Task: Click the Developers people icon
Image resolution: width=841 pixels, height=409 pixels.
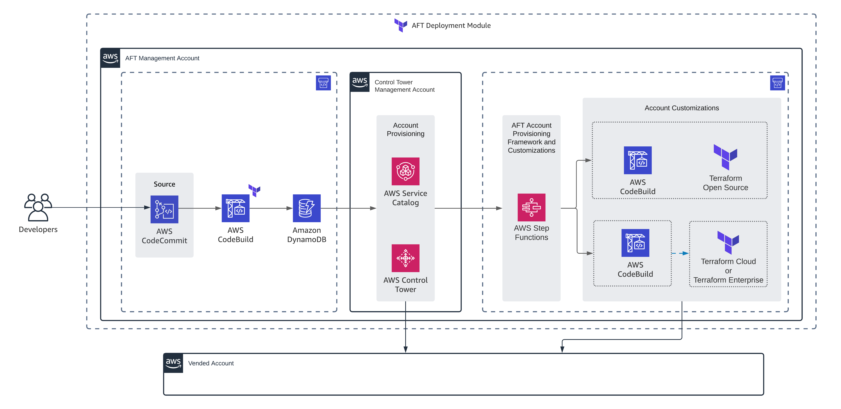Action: (38, 207)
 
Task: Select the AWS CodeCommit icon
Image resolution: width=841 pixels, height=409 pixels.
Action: (164, 209)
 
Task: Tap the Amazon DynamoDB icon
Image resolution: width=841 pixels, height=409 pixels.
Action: (307, 208)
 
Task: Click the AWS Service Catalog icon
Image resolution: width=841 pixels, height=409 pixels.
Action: (405, 171)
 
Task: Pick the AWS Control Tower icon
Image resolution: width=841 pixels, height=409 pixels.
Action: (405, 258)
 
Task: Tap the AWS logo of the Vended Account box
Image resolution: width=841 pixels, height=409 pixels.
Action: (173, 363)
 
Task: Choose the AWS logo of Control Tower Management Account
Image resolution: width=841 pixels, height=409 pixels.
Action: (359, 82)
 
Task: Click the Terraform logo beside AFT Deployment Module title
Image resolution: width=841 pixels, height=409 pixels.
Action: (401, 25)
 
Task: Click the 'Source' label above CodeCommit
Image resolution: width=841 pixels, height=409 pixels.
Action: (164, 184)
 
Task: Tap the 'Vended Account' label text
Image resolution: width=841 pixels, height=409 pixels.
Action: (211, 363)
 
